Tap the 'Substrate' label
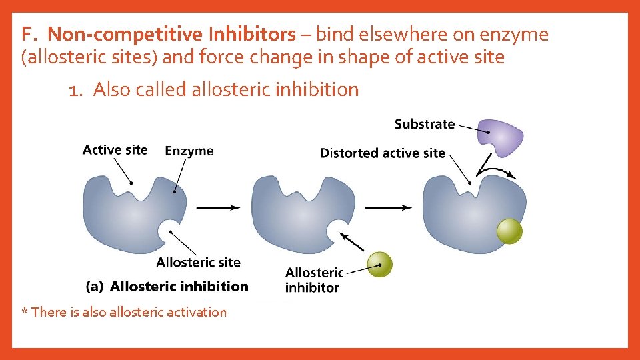(424, 124)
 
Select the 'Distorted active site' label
(382, 153)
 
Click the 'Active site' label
(115, 150)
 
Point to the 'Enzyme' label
(189, 151)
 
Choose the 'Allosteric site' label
(198, 262)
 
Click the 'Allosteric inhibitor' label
(314, 280)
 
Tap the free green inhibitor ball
(380, 264)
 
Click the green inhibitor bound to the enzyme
(510, 231)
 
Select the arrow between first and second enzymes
(218, 207)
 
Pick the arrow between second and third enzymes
(388, 207)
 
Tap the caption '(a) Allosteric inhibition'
(167, 287)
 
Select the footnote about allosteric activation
(124, 312)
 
